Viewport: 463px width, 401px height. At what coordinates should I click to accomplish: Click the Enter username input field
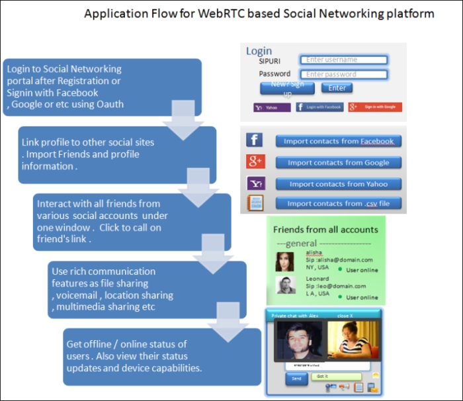point(343,60)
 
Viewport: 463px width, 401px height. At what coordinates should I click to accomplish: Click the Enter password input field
point(343,75)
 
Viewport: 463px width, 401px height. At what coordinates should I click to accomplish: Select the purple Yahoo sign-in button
point(271,107)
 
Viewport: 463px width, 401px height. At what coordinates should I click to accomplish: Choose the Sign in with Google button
point(375,107)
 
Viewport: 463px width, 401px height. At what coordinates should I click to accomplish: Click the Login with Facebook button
point(319,107)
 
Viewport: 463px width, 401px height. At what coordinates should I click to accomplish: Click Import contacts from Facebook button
point(338,141)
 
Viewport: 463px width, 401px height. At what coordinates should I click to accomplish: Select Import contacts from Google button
point(338,163)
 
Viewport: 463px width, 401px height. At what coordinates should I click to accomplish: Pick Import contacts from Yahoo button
point(338,184)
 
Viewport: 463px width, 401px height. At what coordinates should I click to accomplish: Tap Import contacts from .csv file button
point(338,204)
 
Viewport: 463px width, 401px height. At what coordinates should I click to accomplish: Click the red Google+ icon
point(255,161)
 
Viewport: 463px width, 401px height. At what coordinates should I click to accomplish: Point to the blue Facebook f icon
point(255,140)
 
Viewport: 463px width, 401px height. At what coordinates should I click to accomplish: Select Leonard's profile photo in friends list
point(284,285)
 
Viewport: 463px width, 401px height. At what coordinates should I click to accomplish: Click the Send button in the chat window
point(296,379)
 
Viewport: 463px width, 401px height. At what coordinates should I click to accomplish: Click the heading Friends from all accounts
point(325,230)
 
